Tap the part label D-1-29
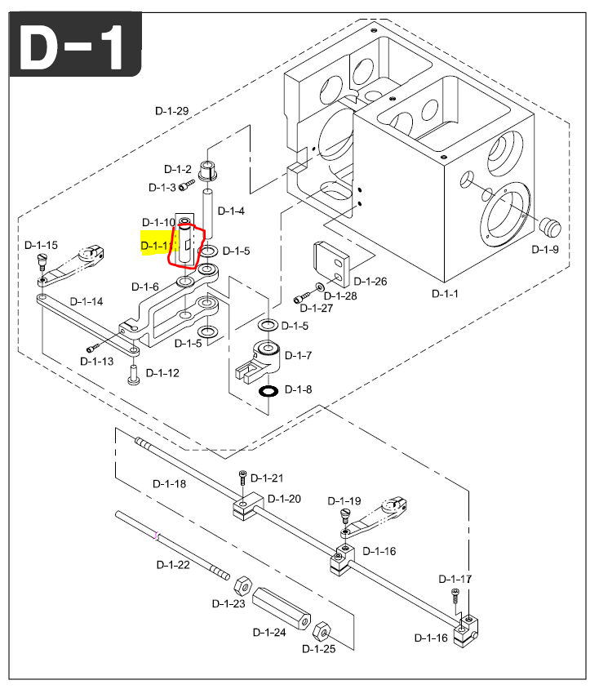(x=171, y=111)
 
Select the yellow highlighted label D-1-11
(x=156, y=245)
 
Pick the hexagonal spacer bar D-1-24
(x=280, y=608)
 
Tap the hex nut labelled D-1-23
(x=242, y=585)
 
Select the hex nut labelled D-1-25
(x=322, y=630)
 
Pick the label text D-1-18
(x=170, y=483)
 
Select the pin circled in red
(x=185, y=244)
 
